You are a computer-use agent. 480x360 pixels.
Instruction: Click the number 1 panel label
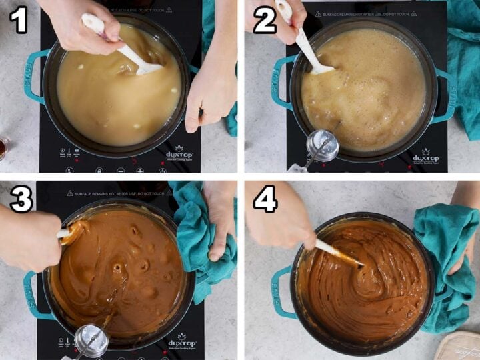pyautogui.click(x=19, y=20)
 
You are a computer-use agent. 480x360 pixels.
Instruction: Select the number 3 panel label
pyautogui.click(x=21, y=199)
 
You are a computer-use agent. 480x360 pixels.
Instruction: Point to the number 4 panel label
pyautogui.click(x=265, y=199)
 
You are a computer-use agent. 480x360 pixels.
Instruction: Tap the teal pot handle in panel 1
pyautogui.click(x=34, y=77)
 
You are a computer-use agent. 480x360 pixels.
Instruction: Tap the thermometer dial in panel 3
pyautogui.click(x=90, y=340)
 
